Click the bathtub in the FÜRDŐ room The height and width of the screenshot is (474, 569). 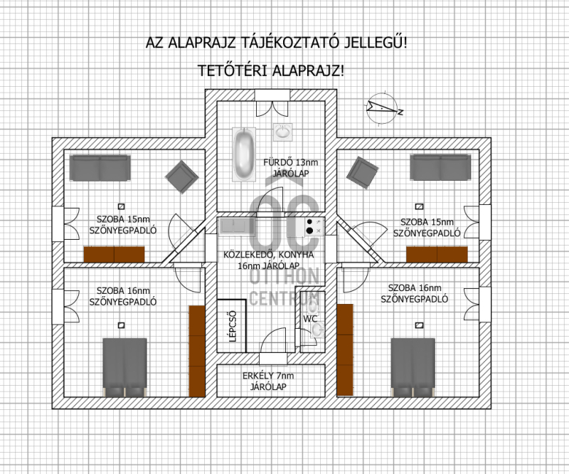[244, 154]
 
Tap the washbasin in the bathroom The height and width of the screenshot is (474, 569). [282, 132]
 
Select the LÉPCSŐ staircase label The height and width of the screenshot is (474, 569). [233, 326]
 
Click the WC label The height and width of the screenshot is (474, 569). [310, 319]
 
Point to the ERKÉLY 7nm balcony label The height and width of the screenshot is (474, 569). [269, 376]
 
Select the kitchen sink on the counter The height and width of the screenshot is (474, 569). [234, 226]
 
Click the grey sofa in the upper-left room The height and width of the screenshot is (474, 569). [100, 168]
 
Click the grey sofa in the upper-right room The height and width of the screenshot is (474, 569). [440, 167]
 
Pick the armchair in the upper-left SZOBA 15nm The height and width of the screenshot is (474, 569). [182, 177]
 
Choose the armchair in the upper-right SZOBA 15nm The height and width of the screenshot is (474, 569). [362, 172]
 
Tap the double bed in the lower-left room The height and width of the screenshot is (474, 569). [125, 367]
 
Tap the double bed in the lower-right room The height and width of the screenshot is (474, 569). [413, 367]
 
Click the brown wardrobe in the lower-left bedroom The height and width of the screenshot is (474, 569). [197, 352]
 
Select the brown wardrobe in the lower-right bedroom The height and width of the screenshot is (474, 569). [345, 349]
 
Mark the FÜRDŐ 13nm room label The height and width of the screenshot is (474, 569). [291, 162]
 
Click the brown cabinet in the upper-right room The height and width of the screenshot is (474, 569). [437, 254]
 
